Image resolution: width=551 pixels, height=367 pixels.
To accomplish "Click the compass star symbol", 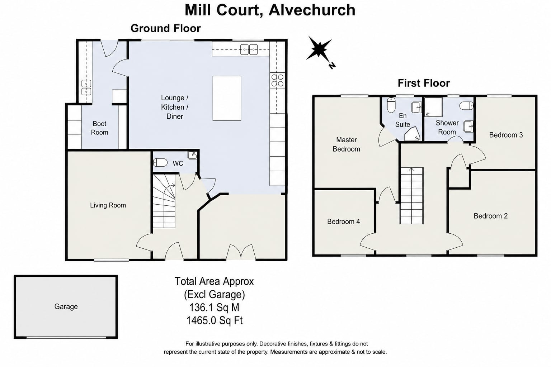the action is (319, 50).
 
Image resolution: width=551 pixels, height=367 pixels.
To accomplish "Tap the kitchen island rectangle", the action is (227, 98).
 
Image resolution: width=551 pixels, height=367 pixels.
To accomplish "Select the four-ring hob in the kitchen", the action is (277, 80).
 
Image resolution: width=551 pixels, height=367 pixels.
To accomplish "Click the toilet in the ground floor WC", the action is (160, 162).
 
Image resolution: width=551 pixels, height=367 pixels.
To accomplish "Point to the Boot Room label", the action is (99, 128).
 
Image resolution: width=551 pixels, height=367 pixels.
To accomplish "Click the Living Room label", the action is (108, 205).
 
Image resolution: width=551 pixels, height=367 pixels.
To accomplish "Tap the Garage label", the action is (66, 306).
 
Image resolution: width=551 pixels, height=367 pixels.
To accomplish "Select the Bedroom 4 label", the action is (343, 221).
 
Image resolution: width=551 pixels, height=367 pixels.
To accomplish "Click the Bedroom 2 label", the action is (490, 216).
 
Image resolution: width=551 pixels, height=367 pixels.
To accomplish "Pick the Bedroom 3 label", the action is (506, 135).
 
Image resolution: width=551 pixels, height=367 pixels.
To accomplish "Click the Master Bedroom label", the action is (346, 144).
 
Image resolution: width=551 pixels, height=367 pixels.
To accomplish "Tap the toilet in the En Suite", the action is (391, 105).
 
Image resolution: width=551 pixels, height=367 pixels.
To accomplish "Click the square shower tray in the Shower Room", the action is (433, 107).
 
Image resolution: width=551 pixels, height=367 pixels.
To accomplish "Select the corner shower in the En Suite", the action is (412, 134).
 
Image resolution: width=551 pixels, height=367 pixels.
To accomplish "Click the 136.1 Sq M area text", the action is (214, 307).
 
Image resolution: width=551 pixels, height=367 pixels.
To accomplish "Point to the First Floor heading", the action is (424, 83).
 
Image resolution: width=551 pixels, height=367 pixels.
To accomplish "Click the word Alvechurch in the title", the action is (312, 10).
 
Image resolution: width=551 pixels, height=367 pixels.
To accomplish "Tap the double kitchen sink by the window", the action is (249, 49).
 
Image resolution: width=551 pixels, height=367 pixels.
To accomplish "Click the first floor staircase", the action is (411, 196).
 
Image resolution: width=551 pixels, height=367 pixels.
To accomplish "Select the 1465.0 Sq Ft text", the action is (215, 320).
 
